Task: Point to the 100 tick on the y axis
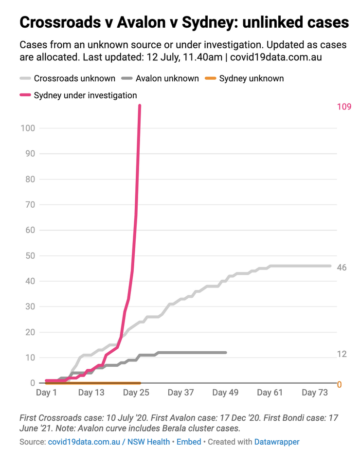(28, 128)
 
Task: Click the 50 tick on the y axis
(30, 255)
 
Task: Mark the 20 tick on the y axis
(30, 332)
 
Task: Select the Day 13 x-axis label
(91, 393)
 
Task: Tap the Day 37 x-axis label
(180, 393)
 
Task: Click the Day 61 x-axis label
(270, 393)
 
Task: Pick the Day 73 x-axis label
(315, 393)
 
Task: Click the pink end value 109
(344, 107)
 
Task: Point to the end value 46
(342, 268)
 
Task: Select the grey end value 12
(342, 354)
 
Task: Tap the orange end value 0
(340, 384)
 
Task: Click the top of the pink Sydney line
(140, 106)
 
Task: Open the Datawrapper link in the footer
(277, 442)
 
